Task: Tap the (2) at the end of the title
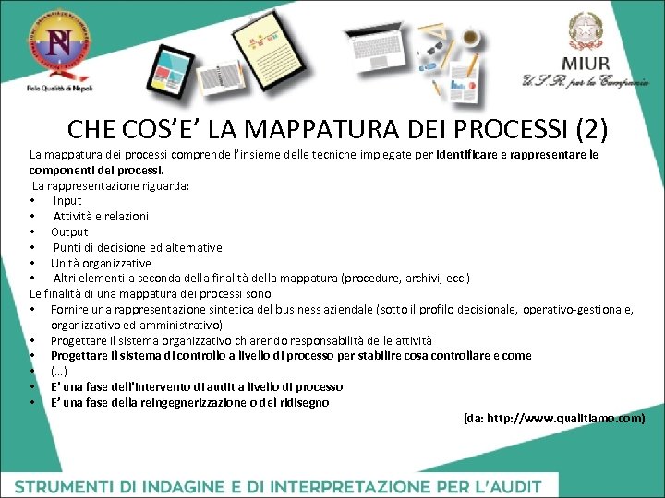[588, 128]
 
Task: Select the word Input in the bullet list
[67, 200]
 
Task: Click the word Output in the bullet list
[69, 231]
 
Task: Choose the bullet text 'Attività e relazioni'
[101, 216]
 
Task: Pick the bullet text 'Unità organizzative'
[101, 263]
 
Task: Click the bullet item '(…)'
[59, 371]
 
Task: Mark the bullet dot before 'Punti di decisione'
[32, 247]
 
